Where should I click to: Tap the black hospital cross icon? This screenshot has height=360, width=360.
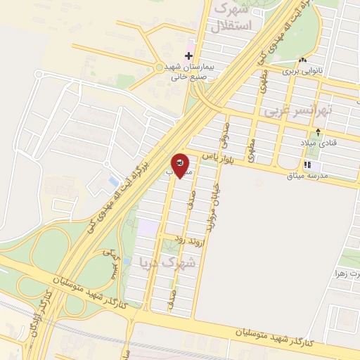[x=188, y=56]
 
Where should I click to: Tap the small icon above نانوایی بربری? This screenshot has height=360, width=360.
[x=303, y=60]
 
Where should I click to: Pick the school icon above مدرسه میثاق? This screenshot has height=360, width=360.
[x=307, y=165]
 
